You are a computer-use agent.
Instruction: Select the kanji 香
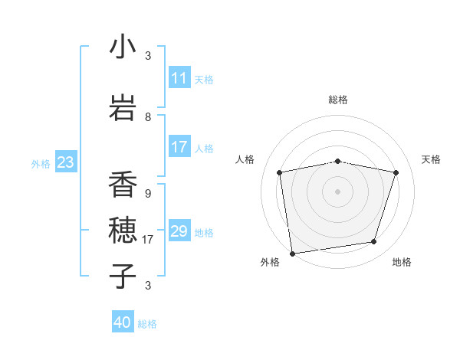click(123, 185)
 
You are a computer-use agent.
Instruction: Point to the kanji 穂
click(123, 231)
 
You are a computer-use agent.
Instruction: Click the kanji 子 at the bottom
click(123, 277)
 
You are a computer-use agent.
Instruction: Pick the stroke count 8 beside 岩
click(148, 117)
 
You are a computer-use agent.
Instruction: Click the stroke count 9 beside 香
click(148, 194)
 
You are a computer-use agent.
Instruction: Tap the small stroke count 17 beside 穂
click(148, 240)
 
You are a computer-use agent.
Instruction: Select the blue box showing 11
click(179, 78)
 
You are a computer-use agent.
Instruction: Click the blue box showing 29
click(179, 231)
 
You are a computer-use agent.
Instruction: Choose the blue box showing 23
click(65, 162)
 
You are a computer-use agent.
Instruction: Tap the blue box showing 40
click(123, 322)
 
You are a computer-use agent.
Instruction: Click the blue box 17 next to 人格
click(179, 147)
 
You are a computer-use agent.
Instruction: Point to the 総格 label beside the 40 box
click(148, 324)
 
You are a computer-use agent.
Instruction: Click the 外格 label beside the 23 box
click(41, 164)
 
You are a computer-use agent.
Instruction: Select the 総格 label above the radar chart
click(338, 100)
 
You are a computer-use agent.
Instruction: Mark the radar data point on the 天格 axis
click(396, 172)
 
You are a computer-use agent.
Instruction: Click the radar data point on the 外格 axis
click(292, 253)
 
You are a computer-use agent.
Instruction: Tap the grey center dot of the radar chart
click(338, 191)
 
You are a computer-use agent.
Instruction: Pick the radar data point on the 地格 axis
click(374, 242)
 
